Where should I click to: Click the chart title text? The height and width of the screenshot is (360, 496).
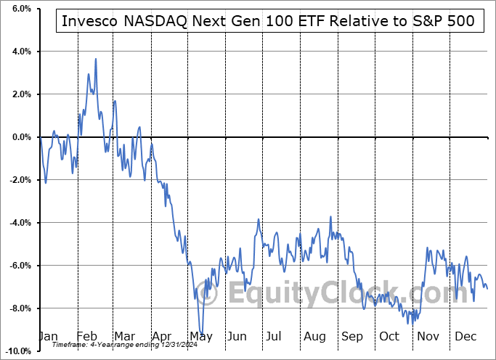[x=268, y=21]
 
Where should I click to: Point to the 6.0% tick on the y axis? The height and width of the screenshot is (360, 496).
[x=20, y=9]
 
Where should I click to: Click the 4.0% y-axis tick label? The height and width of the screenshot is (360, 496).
[x=20, y=52]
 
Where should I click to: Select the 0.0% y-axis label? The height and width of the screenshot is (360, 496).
[x=20, y=137]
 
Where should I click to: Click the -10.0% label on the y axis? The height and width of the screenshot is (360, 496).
[x=17, y=351]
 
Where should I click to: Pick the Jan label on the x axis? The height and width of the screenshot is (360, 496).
[x=47, y=337]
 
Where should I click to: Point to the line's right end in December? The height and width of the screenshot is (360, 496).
[x=487, y=289]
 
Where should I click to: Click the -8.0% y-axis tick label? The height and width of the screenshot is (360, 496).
[x=18, y=308]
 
